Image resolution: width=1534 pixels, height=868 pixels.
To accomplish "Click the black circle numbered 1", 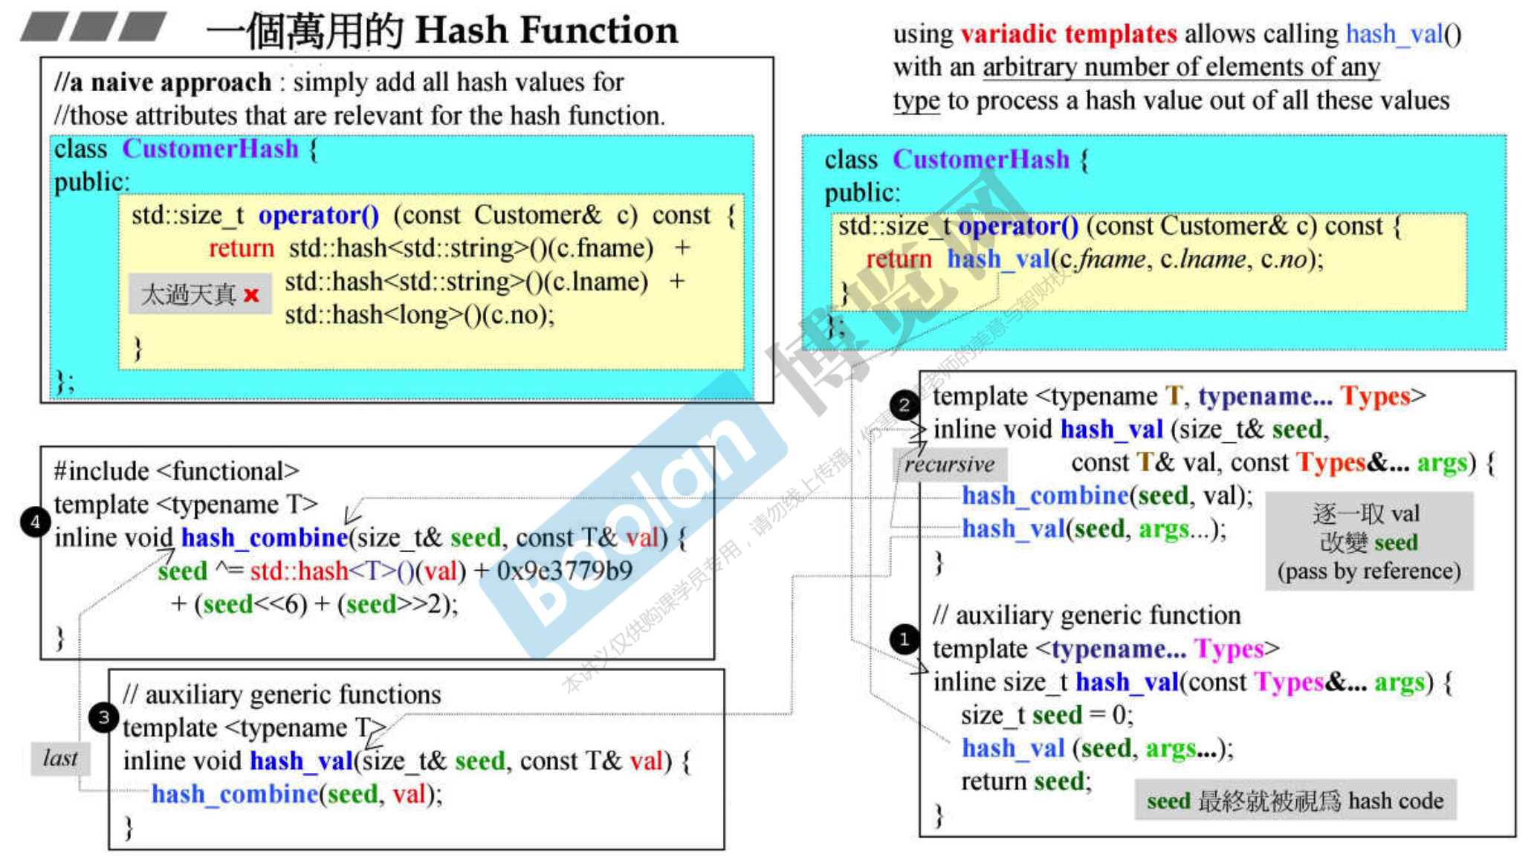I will coord(904,639).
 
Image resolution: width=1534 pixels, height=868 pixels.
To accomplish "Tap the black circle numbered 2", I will coord(904,405).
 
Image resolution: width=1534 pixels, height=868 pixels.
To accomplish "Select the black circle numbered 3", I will coord(103,717).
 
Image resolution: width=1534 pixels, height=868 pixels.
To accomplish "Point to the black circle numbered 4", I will coord(35,522).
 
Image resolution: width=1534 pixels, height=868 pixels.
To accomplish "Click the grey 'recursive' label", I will coord(949,464).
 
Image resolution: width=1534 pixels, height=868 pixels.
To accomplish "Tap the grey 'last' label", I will coord(60,758).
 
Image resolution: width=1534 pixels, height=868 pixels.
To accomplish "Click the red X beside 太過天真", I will coord(251,295).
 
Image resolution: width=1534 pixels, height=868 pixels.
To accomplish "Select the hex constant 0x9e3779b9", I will coord(564,571).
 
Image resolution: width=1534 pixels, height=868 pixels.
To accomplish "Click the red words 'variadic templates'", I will coord(1068,34).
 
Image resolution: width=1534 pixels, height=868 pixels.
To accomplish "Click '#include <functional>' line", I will coord(176,471).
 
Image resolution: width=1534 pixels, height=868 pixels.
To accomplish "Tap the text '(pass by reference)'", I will coord(1368,571).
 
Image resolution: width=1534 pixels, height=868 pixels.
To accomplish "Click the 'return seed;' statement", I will coord(1026,782).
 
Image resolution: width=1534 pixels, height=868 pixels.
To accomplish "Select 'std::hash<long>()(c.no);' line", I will coord(419,315).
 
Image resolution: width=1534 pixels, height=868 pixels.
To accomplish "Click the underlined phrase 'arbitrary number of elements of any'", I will coord(1181,67).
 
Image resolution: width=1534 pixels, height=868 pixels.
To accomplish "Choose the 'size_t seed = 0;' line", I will coord(1046,715).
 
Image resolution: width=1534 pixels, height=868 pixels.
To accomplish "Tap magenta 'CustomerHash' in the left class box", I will coord(210,149).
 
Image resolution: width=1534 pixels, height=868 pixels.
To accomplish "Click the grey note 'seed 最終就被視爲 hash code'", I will coord(1295,800).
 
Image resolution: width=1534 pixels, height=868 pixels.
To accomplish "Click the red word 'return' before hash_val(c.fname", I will coord(899,259).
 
